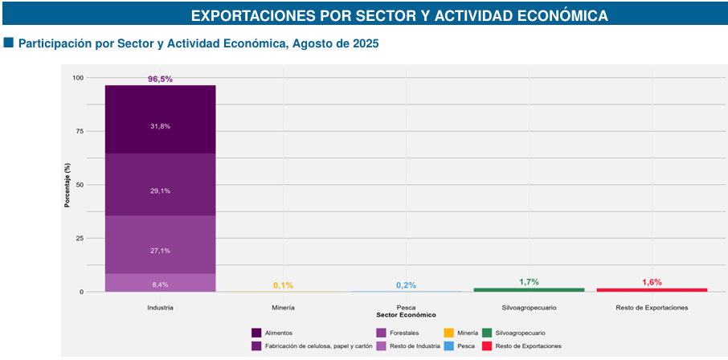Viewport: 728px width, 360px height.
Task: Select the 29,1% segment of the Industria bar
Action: (160, 184)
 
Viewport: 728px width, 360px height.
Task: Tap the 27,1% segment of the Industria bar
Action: (160, 244)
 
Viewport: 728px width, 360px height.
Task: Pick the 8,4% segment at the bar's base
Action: (160, 283)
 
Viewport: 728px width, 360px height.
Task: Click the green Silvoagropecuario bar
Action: (529, 289)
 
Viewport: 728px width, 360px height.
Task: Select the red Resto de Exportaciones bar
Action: (652, 289)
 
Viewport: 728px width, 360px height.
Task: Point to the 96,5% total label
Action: (160, 79)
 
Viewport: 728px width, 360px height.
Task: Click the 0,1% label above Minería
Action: (283, 285)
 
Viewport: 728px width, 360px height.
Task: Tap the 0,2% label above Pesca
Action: (406, 285)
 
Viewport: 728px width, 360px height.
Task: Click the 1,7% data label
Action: (529, 281)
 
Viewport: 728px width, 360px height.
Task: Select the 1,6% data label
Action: (652, 282)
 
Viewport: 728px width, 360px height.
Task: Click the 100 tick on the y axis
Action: (77, 78)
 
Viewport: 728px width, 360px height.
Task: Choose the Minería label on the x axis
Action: (283, 308)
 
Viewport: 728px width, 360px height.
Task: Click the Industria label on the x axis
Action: (160, 308)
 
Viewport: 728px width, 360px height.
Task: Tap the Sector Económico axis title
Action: (406, 314)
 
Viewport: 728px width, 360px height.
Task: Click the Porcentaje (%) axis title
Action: (68, 185)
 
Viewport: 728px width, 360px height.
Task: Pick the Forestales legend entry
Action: (399, 332)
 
